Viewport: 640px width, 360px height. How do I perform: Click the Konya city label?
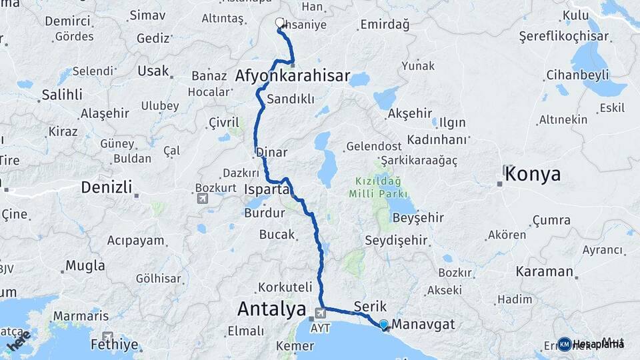[x=533, y=175]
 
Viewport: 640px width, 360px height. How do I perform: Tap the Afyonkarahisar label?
[x=292, y=77]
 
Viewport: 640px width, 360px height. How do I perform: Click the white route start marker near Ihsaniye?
[x=279, y=23]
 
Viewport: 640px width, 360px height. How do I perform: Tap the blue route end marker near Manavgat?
[x=384, y=325]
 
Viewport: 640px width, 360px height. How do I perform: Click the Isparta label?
[x=267, y=191]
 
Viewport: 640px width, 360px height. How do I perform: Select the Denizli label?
[x=106, y=187]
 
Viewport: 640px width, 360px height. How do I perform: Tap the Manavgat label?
[x=423, y=325]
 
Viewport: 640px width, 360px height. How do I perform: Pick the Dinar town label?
[x=272, y=152]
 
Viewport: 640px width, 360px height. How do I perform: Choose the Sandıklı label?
[x=290, y=99]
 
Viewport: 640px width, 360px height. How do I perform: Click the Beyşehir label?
[x=418, y=218]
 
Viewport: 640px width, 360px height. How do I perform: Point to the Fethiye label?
[x=137, y=345]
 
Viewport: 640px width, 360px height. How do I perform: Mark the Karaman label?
[x=544, y=271]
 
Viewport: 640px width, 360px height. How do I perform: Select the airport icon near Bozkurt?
[x=203, y=198]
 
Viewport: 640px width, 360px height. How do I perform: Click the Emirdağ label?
[x=384, y=25]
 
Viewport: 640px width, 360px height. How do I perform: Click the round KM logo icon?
[x=565, y=344]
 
